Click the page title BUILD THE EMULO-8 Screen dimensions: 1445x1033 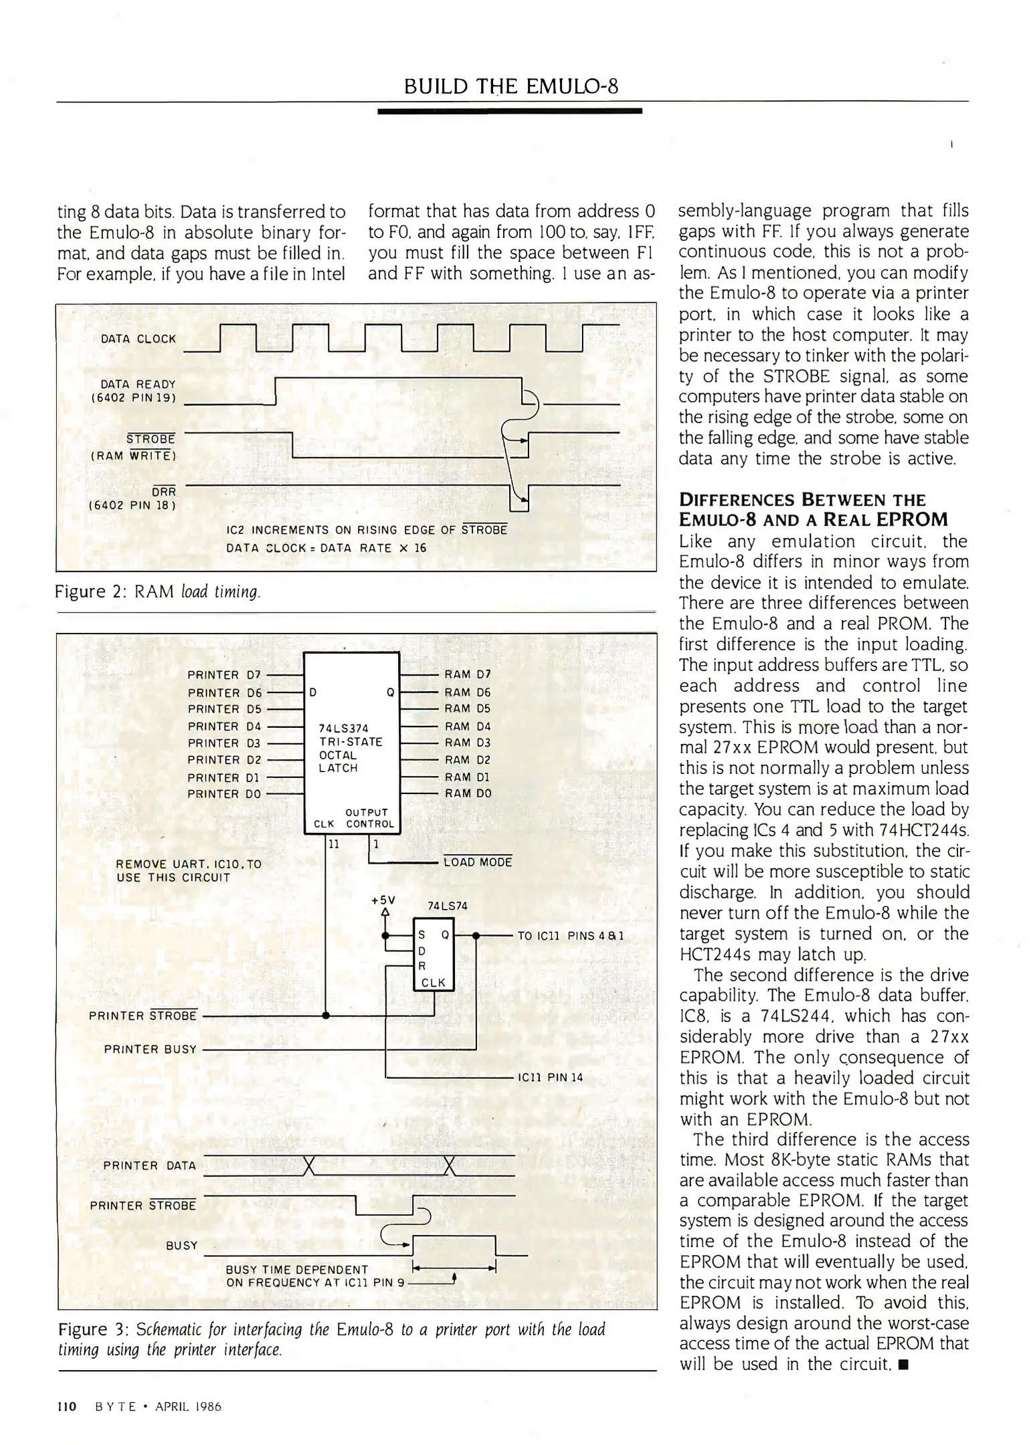point(511,86)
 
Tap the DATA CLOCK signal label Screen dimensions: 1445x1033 point(138,339)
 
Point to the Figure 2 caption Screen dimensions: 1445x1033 point(157,592)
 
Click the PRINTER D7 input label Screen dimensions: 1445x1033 point(223,675)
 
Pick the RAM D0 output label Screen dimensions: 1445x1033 point(468,793)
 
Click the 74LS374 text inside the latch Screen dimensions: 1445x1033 point(343,729)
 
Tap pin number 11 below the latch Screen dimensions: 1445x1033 point(333,844)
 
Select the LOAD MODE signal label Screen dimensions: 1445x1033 point(478,862)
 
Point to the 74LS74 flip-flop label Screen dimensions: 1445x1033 point(447,906)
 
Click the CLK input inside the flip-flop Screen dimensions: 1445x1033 point(433,983)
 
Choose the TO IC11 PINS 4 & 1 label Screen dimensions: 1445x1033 point(570,936)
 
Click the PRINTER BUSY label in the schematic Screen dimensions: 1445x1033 point(150,1050)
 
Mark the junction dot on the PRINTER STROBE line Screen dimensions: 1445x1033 point(326,1016)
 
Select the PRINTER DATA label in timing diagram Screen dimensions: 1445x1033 point(149,1165)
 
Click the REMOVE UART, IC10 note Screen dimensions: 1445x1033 point(188,870)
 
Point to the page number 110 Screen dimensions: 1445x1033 point(67,1406)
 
